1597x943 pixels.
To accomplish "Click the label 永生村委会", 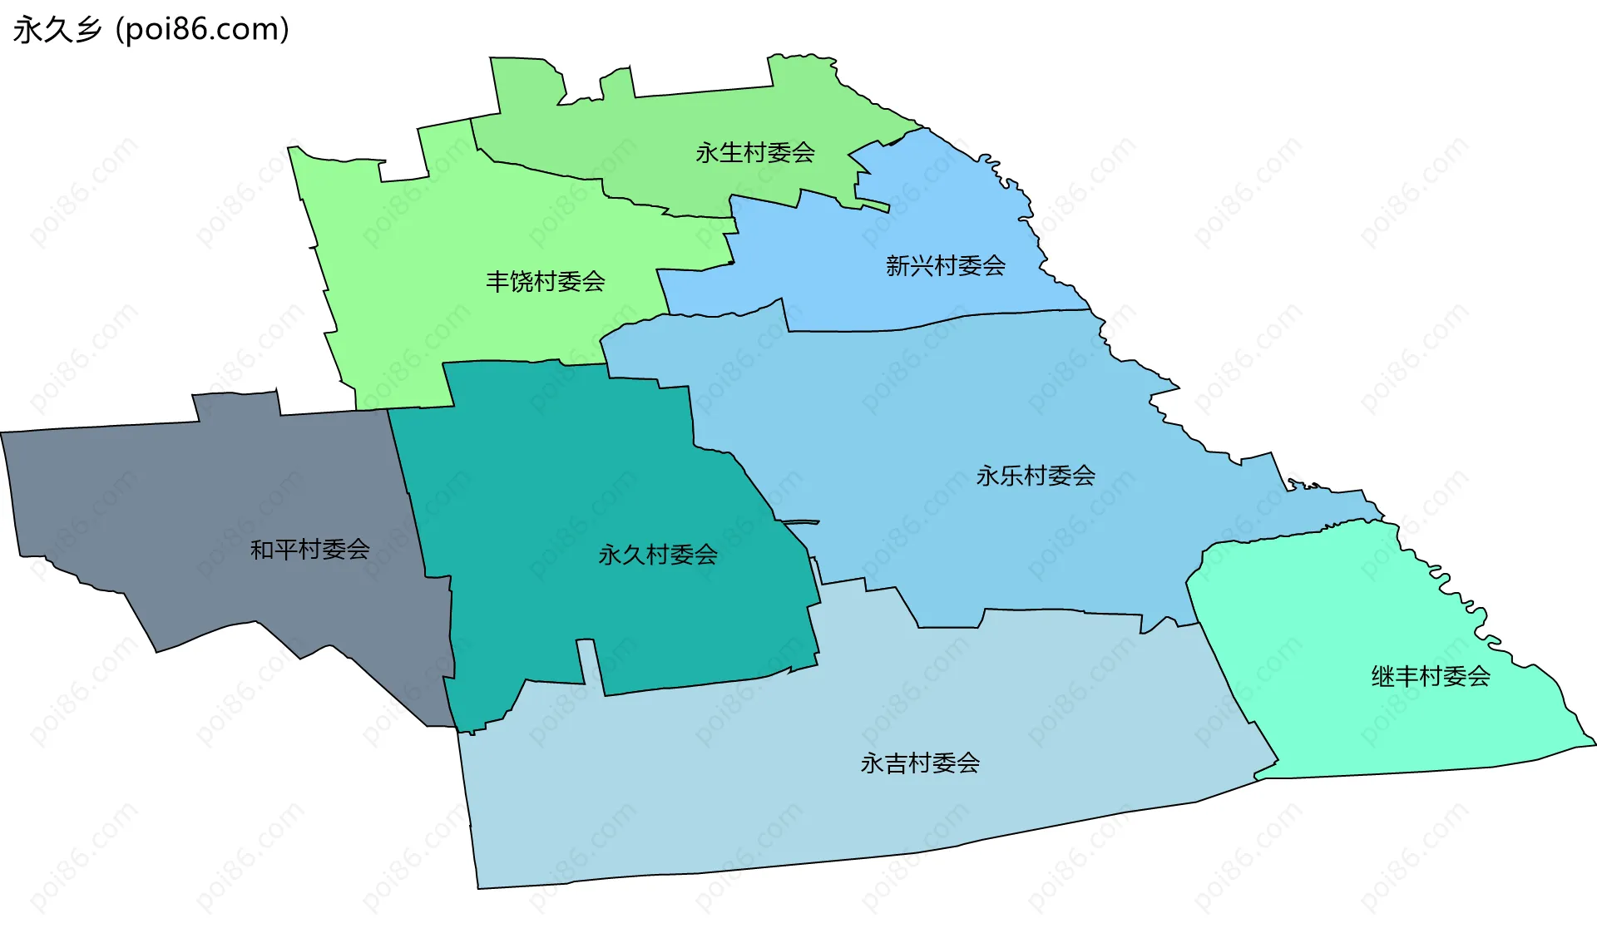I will pyautogui.click(x=754, y=153).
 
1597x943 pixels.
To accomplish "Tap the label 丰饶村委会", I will pyautogui.click(x=545, y=282).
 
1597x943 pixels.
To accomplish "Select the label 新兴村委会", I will pyautogui.click(x=945, y=266).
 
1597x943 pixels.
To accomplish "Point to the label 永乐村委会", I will pyautogui.click(x=1035, y=476).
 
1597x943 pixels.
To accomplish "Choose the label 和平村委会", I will pyautogui.click(x=309, y=550).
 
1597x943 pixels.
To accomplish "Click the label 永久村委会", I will pyautogui.click(x=657, y=555).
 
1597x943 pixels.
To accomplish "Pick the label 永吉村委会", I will pyautogui.click(x=919, y=763).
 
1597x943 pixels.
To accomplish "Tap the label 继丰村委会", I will pyautogui.click(x=1430, y=676).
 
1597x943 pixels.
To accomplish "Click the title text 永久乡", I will pyautogui.click(x=57, y=30).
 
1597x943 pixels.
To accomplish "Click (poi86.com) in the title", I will pyautogui.click(x=202, y=30).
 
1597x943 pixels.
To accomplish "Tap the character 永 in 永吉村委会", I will pyautogui.click(x=872, y=763).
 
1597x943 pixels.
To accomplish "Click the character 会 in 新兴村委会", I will pyautogui.click(x=993, y=266).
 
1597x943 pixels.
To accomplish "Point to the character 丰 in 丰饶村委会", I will pyautogui.click(x=497, y=282).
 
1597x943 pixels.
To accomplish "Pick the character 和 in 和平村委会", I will pyautogui.click(x=262, y=550).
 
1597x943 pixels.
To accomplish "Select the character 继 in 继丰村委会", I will pyautogui.click(x=1382, y=676).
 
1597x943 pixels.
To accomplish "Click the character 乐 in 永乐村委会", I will pyautogui.click(x=1011, y=476).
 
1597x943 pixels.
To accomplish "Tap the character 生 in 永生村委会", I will pyautogui.click(x=730, y=153).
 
